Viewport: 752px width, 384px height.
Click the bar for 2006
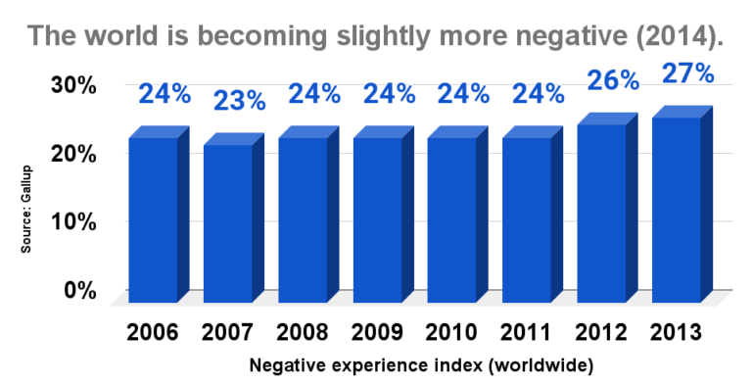point(153,219)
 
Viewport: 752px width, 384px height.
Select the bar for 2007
point(227,222)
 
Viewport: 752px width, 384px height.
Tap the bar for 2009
point(377,219)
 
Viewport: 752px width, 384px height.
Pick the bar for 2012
point(600,213)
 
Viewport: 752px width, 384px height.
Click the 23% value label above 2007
point(240,100)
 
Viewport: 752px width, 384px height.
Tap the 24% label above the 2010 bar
point(464,94)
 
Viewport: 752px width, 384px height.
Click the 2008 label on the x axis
point(302,331)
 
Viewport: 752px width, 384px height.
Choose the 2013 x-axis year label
point(676,331)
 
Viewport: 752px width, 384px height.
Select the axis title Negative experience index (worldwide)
point(421,365)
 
